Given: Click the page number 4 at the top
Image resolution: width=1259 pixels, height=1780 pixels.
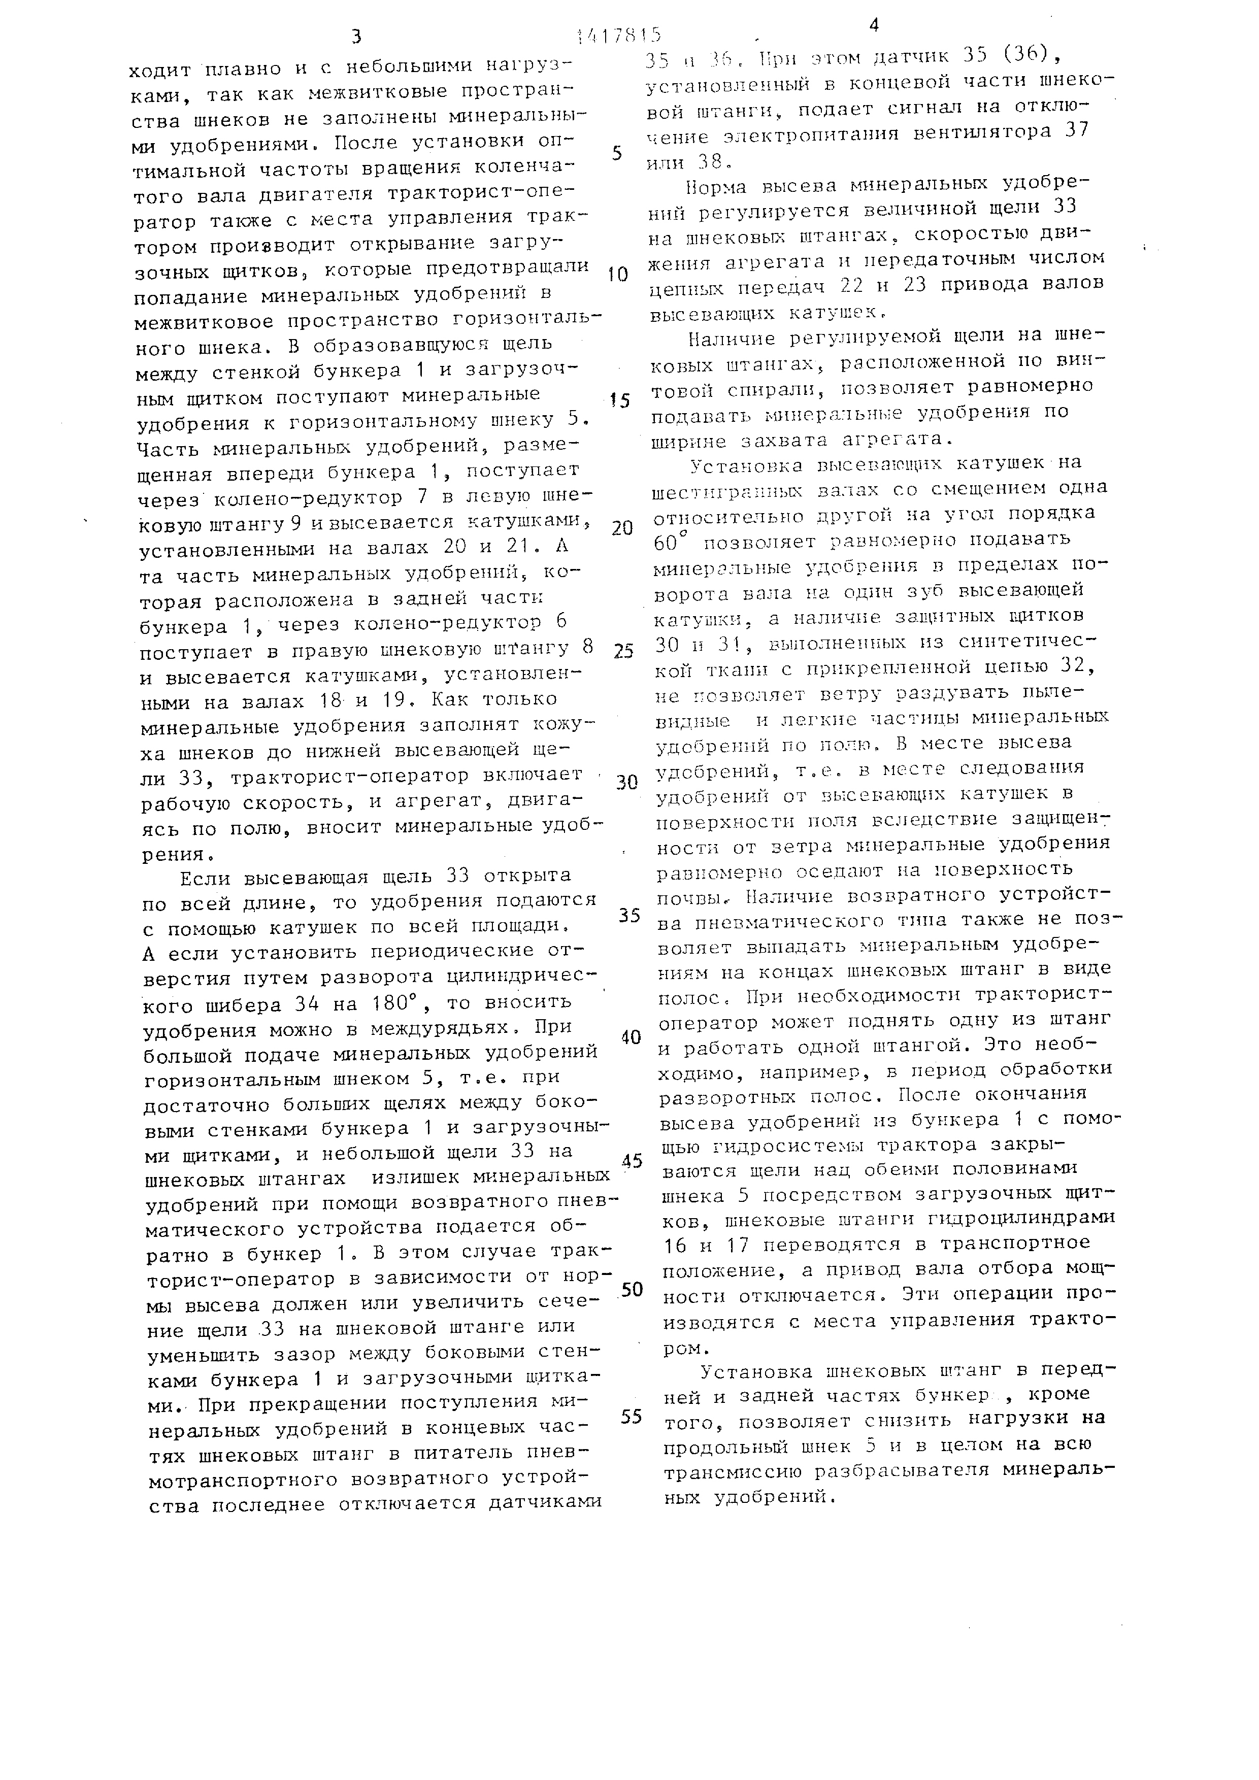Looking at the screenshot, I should [874, 25].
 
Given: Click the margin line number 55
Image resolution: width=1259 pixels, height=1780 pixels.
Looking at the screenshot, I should [632, 1417].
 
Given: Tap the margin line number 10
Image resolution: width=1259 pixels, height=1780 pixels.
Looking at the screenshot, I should [617, 275].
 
